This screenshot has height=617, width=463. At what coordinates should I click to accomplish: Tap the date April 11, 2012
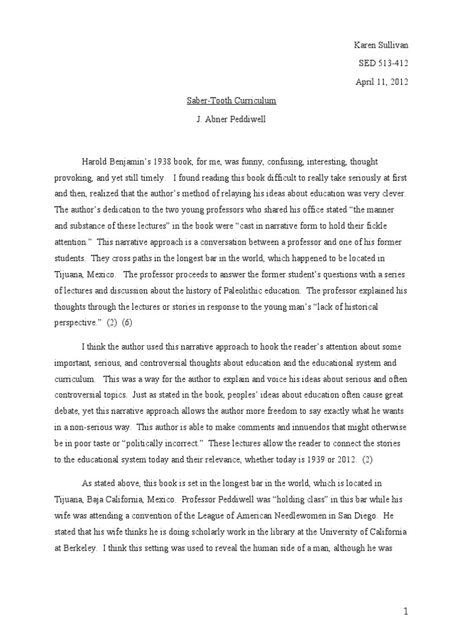pos(382,82)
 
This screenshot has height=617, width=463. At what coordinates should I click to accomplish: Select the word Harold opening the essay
pos(95,162)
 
